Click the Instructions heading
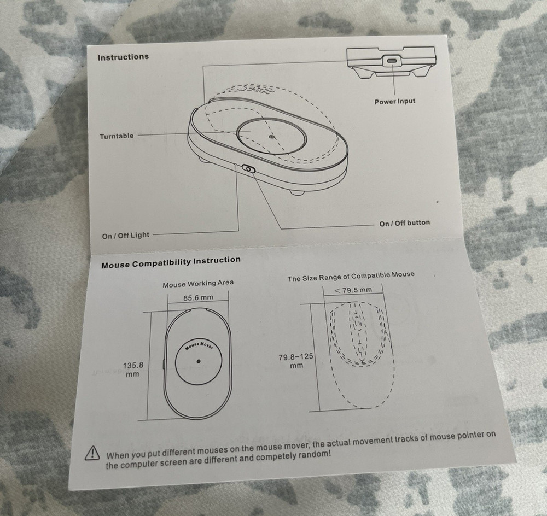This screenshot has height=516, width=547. pyautogui.click(x=123, y=57)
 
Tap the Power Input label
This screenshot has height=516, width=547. pyautogui.click(x=395, y=102)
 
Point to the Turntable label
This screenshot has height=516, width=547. pyautogui.click(x=117, y=136)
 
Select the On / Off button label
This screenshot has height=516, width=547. pyautogui.click(x=405, y=223)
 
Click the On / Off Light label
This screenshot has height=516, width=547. pyautogui.click(x=126, y=236)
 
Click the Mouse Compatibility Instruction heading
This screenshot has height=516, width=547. pyautogui.click(x=171, y=262)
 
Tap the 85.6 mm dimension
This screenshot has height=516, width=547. pyautogui.click(x=198, y=298)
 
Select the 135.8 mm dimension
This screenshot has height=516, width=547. pyautogui.click(x=133, y=370)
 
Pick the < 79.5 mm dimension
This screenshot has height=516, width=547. pyautogui.click(x=353, y=290)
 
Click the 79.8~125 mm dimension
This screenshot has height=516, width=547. pyautogui.click(x=296, y=361)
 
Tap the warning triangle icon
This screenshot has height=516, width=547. pyautogui.click(x=92, y=453)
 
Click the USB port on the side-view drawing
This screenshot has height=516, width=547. pyautogui.click(x=393, y=61)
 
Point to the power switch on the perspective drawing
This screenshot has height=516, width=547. pyautogui.click(x=249, y=169)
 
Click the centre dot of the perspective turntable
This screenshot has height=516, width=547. pyautogui.click(x=272, y=137)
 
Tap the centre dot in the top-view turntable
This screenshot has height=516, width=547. pyautogui.click(x=199, y=361)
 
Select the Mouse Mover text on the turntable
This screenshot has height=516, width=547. pyautogui.click(x=200, y=345)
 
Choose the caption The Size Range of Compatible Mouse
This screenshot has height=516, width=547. pyautogui.click(x=351, y=276)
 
